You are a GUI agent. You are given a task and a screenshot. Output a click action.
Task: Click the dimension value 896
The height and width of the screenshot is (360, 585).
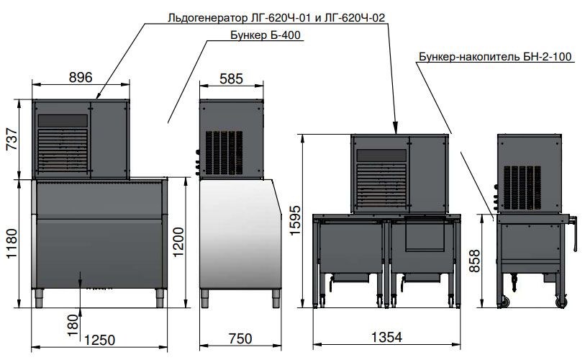81,77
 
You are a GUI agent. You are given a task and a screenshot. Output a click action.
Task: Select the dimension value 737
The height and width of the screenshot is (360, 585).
12,139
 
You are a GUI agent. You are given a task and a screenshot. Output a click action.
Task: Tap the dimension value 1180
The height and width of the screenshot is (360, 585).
12,243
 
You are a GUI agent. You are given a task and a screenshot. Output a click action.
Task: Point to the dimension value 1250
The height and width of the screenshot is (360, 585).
99,341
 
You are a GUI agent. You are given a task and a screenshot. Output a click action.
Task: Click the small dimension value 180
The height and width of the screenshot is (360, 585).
73,325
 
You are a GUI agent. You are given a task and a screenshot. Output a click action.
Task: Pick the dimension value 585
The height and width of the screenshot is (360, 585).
231,78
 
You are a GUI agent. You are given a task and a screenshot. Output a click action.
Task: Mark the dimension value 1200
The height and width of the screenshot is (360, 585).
178,242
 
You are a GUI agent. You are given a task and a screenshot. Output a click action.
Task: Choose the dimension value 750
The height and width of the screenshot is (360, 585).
240,338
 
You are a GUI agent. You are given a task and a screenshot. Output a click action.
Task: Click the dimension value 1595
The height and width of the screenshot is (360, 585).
295,220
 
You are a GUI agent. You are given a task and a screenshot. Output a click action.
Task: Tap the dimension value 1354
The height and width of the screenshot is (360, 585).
387,338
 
